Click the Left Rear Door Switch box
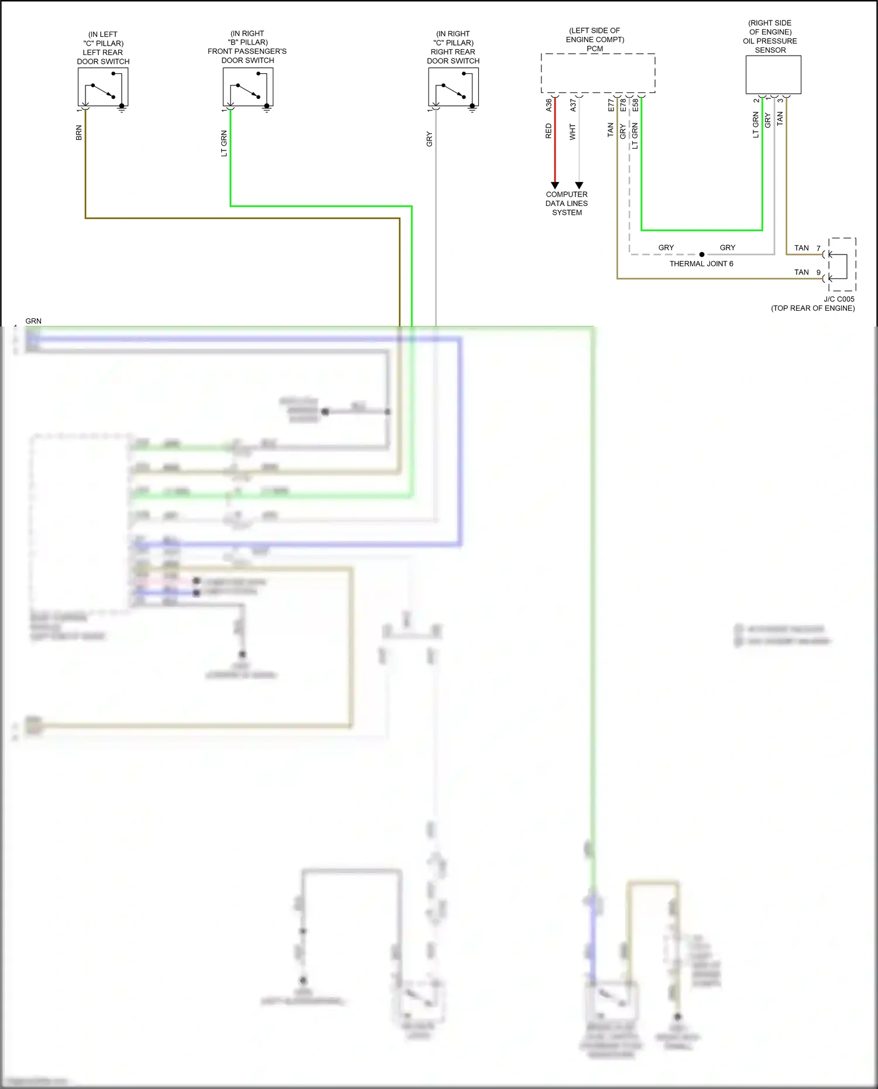103,87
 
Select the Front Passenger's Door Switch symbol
248,87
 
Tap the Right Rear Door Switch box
453,87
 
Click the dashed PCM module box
598,73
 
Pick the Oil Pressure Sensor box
773,75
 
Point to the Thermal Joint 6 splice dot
702,255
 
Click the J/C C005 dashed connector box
842,264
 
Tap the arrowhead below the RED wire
555,185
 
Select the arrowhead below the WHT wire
579,185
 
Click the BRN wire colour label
79,133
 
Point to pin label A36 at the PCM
548,105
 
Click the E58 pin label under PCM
635,105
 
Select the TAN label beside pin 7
801,248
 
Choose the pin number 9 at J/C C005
818,273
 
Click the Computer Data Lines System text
567,204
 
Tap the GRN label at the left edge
33,321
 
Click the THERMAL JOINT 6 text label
701,264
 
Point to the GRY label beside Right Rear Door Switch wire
429,139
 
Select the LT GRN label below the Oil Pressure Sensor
756,125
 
